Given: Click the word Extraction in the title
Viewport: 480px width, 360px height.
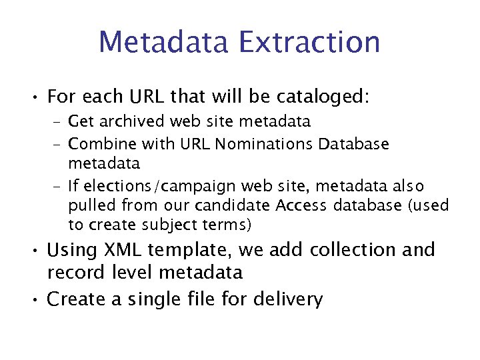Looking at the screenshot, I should click(x=308, y=41).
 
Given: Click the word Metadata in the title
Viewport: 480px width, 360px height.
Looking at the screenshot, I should click(x=163, y=41).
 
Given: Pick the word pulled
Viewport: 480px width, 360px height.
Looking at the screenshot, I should click(x=89, y=205).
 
